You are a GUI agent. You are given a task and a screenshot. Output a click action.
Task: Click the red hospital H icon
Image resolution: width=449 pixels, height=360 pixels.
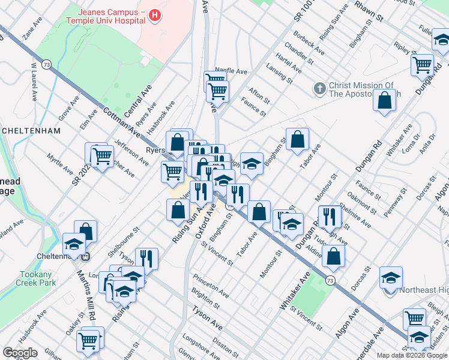(155, 15)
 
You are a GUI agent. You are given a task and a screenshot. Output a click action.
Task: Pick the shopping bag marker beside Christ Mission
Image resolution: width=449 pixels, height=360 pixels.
(385, 100)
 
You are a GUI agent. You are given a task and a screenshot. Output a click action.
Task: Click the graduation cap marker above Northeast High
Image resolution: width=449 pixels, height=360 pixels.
(391, 277)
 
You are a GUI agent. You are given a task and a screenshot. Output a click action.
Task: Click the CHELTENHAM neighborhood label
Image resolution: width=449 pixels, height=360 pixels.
(31, 130)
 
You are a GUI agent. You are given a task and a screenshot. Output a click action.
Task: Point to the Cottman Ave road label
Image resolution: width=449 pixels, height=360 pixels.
(121, 122)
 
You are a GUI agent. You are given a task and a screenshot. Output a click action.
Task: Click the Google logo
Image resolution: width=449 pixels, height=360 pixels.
(20, 353)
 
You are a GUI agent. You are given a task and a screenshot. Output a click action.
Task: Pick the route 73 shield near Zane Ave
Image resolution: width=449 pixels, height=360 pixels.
(47, 64)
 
